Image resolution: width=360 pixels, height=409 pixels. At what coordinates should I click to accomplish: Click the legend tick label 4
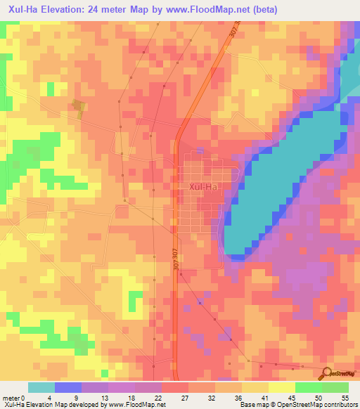[x=49, y=397]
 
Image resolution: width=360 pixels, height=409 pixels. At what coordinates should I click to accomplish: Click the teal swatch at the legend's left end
[x=41, y=387]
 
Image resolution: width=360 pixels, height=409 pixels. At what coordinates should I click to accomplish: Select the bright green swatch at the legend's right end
[x=335, y=387]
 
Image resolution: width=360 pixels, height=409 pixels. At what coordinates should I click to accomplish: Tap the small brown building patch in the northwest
[x=78, y=107]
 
